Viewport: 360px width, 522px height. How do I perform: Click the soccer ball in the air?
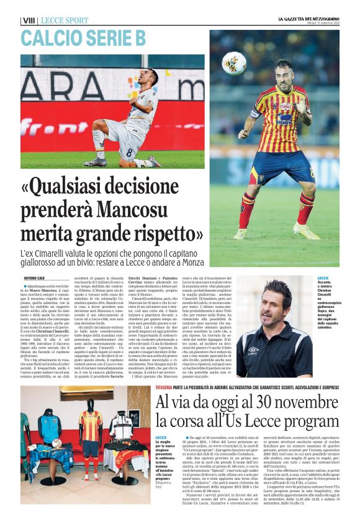[235, 63]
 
